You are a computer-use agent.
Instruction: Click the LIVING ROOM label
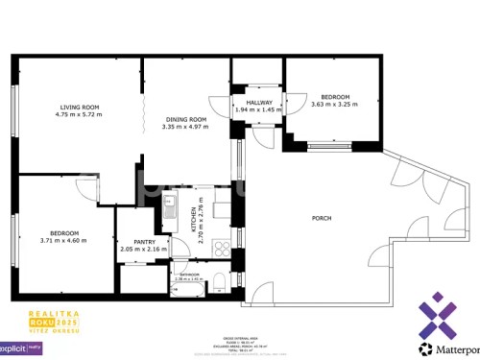(x=79, y=107)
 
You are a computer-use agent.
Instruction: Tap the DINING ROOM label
(x=184, y=118)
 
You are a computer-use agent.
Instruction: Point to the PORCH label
(x=322, y=218)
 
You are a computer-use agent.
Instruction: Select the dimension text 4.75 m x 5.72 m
(x=79, y=115)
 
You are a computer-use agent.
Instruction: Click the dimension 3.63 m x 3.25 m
(x=335, y=105)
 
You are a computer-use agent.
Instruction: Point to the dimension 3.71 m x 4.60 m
(x=64, y=240)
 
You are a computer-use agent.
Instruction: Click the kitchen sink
(x=170, y=204)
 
